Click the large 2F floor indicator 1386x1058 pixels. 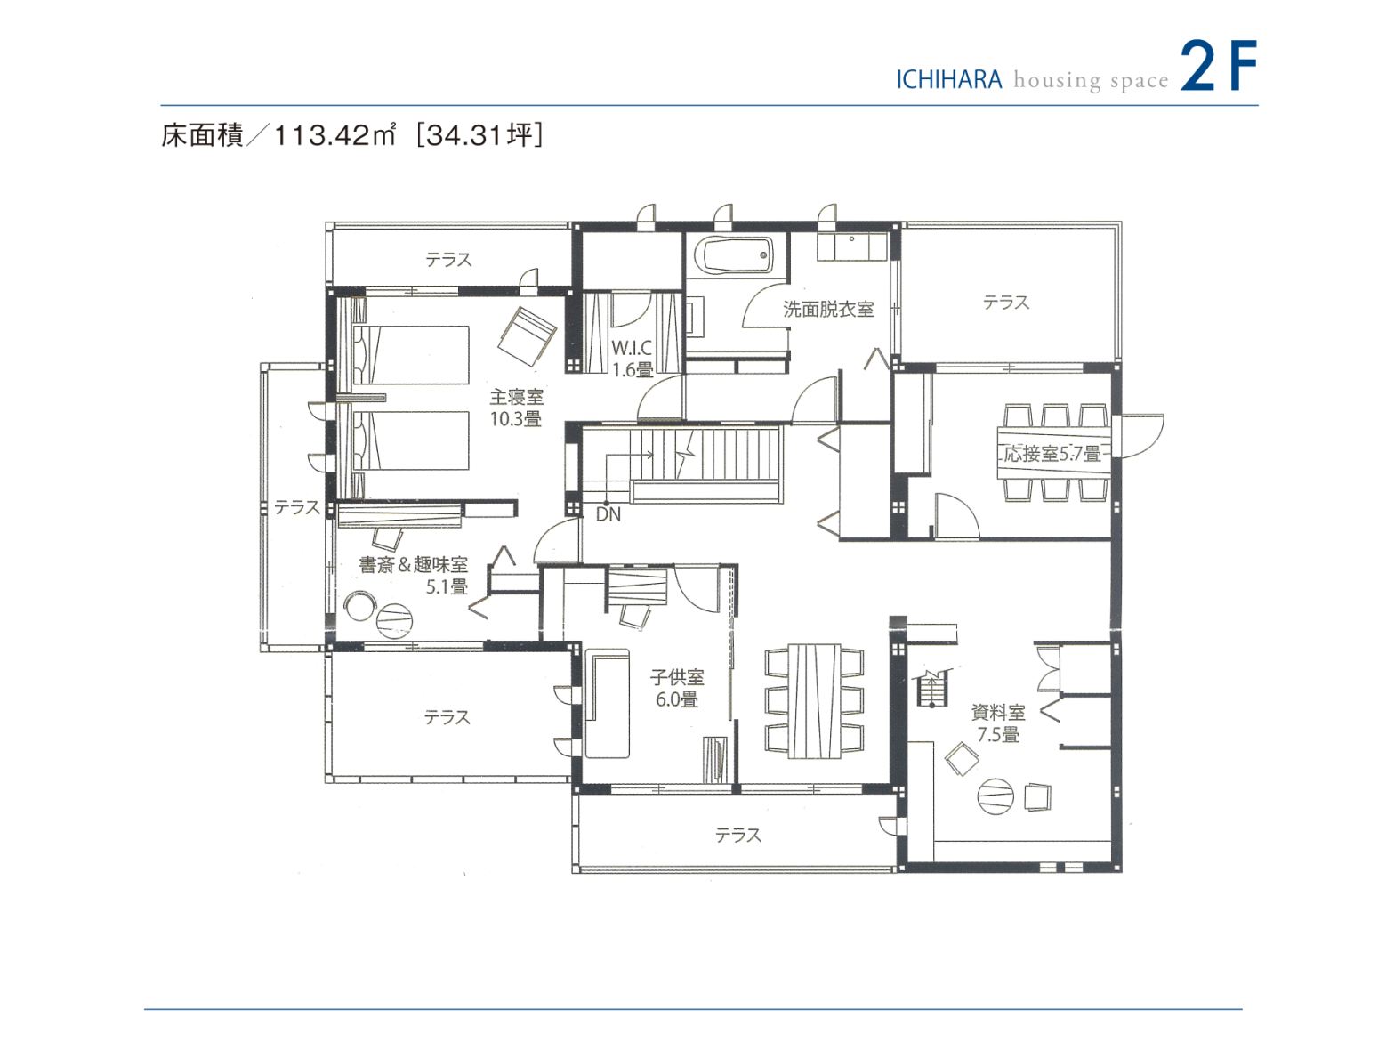point(1218,66)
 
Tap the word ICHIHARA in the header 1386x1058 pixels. point(948,80)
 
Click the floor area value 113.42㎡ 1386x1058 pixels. point(334,135)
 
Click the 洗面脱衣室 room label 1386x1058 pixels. point(828,309)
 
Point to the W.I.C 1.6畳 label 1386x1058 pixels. point(632,359)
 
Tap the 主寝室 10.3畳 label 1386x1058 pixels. point(516,408)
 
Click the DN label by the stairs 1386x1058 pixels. point(608,514)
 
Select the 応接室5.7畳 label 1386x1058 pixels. point(1052,454)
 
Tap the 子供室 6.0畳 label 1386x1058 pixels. point(677,688)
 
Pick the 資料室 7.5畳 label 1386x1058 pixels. point(998,723)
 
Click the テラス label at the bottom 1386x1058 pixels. point(738,835)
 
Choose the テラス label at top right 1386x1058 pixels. point(1006,303)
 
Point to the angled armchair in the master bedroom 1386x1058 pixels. point(527,335)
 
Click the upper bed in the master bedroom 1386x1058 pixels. point(411,355)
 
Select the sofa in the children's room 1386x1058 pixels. point(607,703)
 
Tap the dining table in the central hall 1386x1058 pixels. point(814,700)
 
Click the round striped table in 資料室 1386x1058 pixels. point(995,796)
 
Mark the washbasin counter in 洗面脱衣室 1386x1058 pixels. point(851,246)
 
